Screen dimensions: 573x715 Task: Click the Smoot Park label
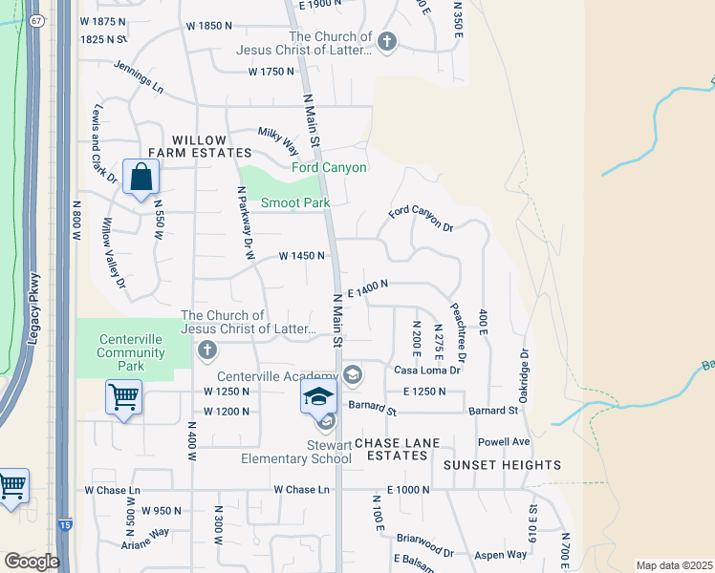(295, 203)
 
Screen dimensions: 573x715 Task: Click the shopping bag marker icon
(141, 177)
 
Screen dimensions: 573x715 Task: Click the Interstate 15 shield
(65, 553)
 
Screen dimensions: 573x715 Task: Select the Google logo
(32, 562)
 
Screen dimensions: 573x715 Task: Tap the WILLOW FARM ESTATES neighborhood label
(200, 146)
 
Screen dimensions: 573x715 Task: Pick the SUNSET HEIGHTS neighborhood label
(503, 465)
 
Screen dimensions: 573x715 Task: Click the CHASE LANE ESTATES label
(390, 450)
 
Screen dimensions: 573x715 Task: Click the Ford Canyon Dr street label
(421, 218)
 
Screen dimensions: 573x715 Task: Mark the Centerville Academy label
(277, 375)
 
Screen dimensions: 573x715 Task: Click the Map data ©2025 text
(673, 565)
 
